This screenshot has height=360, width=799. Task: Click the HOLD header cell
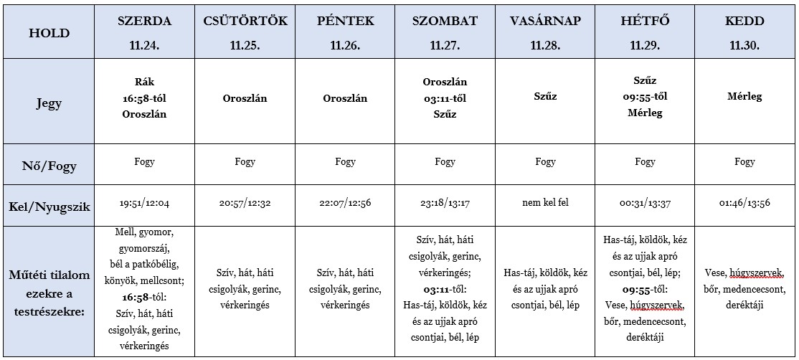point(49,33)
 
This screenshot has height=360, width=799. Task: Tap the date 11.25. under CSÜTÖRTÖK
point(245,44)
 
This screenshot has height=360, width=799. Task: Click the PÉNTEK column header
point(345,21)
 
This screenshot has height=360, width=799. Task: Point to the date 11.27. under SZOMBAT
point(445,44)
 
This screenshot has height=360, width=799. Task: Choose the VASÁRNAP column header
point(544,21)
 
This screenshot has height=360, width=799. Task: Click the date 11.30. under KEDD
point(744,44)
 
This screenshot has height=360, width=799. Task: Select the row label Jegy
point(49,103)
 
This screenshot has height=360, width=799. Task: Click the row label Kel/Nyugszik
point(49,207)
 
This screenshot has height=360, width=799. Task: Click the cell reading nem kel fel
point(545,203)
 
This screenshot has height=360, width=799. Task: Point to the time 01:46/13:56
point(744,204)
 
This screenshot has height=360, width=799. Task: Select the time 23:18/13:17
point(445,204)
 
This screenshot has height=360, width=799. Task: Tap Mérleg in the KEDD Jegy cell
point(744,97)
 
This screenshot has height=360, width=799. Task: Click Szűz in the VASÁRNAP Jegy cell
point(545,97)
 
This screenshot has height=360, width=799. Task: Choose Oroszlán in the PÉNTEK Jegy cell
point(345,99)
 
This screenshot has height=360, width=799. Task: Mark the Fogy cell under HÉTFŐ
point(645,162)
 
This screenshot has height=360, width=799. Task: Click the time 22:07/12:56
point(345,204)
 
